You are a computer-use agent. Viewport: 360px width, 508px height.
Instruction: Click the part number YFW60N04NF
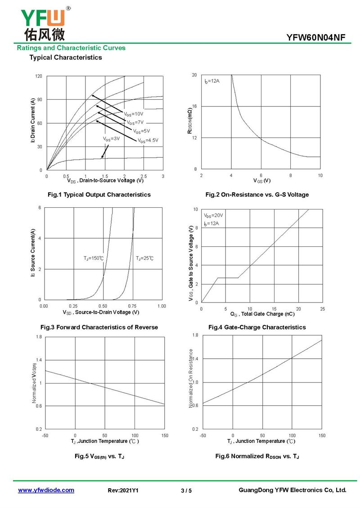click(x=315, y=38)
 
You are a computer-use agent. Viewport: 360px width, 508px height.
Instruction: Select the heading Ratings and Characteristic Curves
click(x=71, y=48)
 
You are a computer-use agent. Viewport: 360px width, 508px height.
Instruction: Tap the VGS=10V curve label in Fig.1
click(x=133, y=114)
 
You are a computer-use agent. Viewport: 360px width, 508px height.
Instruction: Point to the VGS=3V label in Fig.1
click(x=111, y=138)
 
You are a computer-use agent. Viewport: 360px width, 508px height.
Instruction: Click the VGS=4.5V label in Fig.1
click(x=148, y=140)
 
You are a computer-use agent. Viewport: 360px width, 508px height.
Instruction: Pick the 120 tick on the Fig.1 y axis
click(x=39, y=76)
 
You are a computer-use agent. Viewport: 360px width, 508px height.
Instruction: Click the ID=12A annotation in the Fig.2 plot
click(x=212, y=81)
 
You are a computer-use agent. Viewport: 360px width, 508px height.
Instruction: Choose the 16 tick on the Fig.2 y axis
click(x=194, y=106)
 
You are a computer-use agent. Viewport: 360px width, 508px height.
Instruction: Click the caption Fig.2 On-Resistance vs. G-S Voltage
click(x=257, y=195)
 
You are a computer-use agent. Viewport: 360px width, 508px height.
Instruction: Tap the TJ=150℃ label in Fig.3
click(x=94, y=258)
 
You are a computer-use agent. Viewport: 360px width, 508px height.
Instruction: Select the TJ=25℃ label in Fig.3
click(x=144, y=258)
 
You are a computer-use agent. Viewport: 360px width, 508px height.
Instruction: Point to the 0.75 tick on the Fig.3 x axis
click(x=132, y=306)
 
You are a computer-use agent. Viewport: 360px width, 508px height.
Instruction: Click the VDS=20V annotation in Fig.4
click(x=213, y=215)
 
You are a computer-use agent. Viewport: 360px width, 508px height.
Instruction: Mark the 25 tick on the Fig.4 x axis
click(x=322, y=309)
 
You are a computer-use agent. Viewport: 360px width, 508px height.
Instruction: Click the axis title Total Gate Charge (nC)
click(x=268, y=314)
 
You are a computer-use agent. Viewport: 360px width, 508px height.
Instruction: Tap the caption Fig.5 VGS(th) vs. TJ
click(x=99, y=456)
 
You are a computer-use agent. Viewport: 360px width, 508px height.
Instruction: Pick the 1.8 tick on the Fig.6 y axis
click(x=195, y=335)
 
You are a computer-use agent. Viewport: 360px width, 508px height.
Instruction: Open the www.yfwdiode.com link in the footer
click(x=46, y=490)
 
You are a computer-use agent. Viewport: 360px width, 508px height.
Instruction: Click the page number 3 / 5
click(x=186, y=490)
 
